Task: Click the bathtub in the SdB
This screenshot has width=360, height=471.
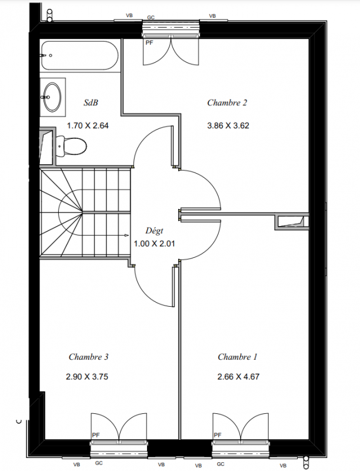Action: click(x=80, y=55)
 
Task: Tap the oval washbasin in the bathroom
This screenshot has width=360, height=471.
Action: click(x=52, y=97)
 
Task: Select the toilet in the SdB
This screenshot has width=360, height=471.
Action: click(x=71, y=146)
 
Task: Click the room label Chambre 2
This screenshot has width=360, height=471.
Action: click(x=227, y=102)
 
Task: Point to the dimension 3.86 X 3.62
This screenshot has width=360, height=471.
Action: click(x=228, y=125)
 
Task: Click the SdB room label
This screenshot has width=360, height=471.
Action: click(x=91, y=102)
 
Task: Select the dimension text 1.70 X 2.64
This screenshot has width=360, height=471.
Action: click(x=88, y=125)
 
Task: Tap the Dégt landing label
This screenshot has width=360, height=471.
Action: click(x=154, y=231)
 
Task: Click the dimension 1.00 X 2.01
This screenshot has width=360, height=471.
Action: click(x=154, y=244)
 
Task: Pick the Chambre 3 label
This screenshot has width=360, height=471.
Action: click(x=88, y=357)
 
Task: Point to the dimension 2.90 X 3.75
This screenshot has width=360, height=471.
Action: click(x=87, y=377)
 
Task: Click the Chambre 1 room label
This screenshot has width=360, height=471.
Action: click(x=238, y=357)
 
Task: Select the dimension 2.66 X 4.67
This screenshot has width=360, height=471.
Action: click(x=238, y=377)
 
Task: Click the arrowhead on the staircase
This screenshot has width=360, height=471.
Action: click(x=127, y=235)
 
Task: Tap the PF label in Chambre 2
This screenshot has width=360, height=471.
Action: click(x=149, y=42)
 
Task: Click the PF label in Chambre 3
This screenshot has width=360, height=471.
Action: click(x=96, y=435)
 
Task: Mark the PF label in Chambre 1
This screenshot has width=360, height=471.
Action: click(x=218, y=435)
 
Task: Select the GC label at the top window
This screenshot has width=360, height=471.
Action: click(x=151, y=18)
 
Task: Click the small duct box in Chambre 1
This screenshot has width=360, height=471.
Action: click(x=292, y=222)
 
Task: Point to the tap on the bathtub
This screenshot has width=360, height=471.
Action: click(x=44, y=55)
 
